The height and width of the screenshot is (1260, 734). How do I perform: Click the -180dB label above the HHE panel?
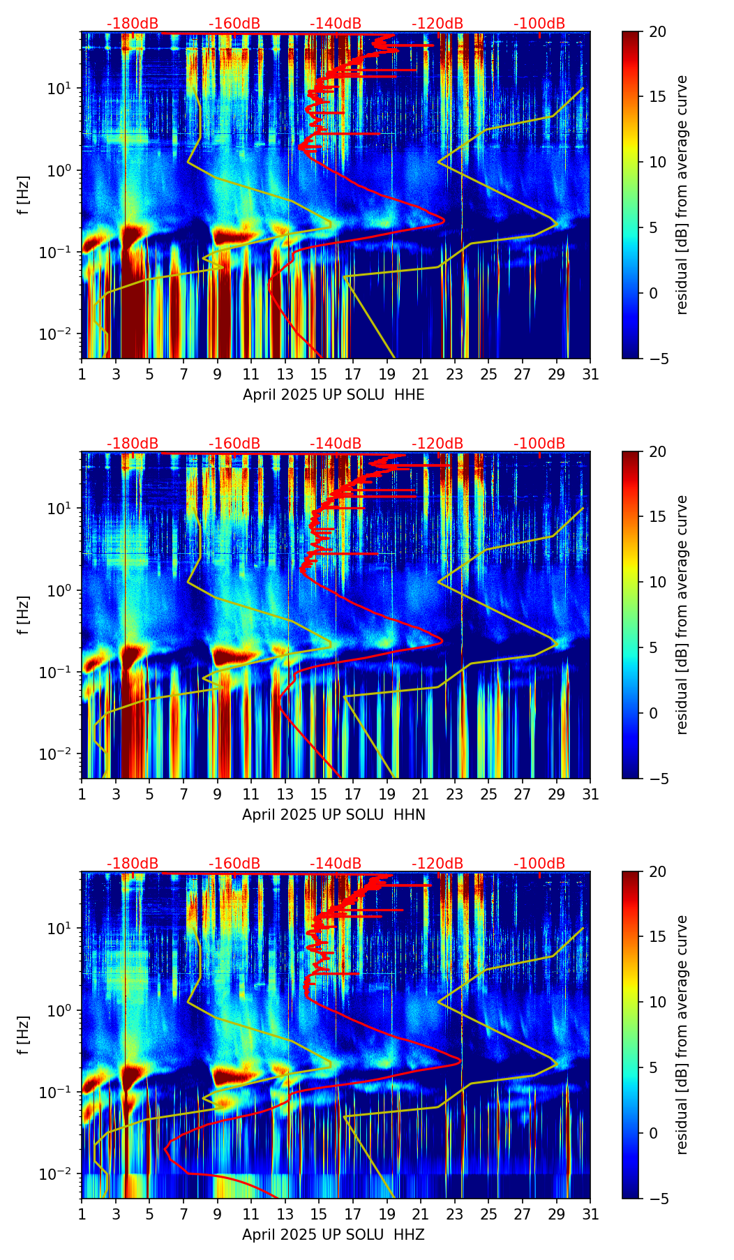point(133,24)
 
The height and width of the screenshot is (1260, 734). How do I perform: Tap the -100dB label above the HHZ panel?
point(539,864)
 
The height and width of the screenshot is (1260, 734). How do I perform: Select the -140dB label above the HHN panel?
point(336,444)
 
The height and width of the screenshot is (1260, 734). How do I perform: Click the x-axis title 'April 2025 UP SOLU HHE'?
point(334,395)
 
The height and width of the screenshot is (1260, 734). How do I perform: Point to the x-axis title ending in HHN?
point(334,815)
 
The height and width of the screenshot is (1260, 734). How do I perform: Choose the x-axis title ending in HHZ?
point(334,1235)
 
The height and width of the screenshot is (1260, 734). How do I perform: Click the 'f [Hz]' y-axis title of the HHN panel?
point(24,615)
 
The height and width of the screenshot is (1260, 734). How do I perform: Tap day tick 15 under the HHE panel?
point(319,374)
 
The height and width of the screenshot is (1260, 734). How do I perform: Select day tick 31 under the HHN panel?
point(590,794)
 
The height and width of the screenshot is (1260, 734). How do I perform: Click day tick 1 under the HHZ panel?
point(82,1214)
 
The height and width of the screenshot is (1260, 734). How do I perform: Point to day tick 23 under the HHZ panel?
point(455,1214)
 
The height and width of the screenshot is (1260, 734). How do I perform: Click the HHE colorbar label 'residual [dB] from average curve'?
point(682,195)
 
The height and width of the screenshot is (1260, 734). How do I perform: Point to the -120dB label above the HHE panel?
point(437,24)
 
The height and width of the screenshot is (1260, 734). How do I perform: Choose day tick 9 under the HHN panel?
point(218,794)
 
